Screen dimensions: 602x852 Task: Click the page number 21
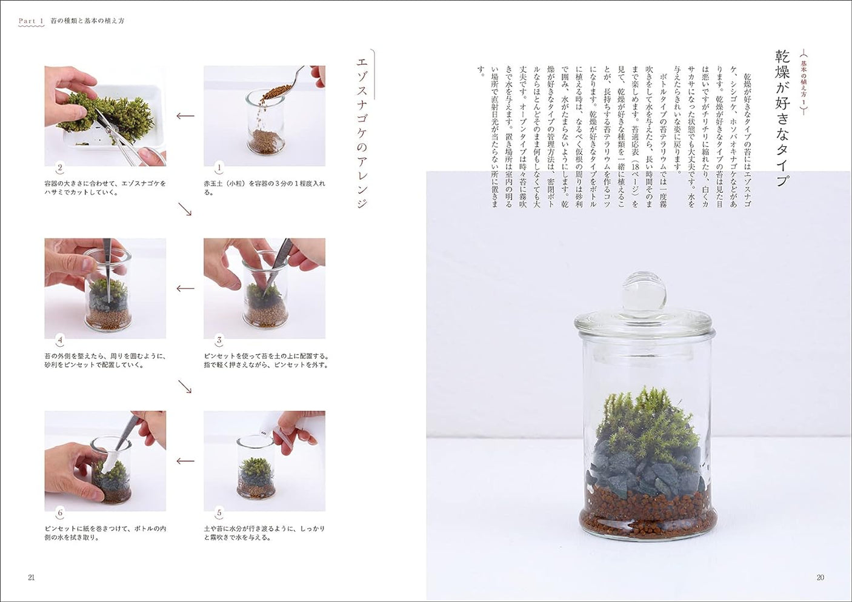pyautogui.click(x=32, y=578)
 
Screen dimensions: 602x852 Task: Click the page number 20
pyautogui.click(x=820, y=578)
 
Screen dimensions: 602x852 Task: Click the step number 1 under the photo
pyautogui.click(x=219, y=167)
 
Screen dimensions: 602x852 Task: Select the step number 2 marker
pyautogui.click(x=60, y=167)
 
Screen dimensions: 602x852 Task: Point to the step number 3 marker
pyautogui.click(x=219, y=340)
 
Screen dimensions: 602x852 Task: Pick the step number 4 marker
pyautogui.click(x=60, y=340)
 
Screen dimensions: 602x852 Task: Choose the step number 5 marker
pyautogui.click(x=219, y=513)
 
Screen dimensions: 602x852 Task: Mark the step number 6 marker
pyautogui.click(x=60, y=513)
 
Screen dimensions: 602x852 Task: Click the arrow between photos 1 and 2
pyautogui.click(x=185, y=116)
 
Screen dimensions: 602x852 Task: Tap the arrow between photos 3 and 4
pyautogui.click(x=185, y=289)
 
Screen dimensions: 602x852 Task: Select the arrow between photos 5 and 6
pyautogui.click(x=185, y=461)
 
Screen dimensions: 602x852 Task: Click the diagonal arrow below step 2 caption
pyautogui.click(x=185, y=209)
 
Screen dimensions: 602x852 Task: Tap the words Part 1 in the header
pyautogui.click(x=31, y=21)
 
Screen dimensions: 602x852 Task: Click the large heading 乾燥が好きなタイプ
pyautogui.click(x=782, y=118)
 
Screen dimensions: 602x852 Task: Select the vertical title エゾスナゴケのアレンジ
pyautogui.click(x=362, y=133)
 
